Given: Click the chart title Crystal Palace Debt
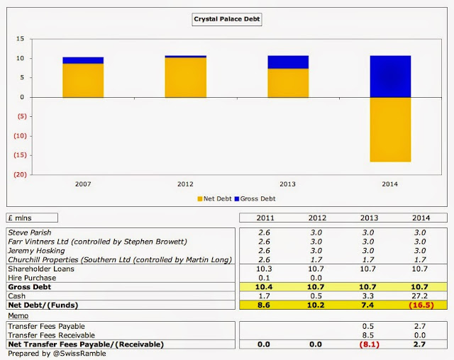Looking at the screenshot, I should (227, 21).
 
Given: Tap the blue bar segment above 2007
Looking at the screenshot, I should (83, 60).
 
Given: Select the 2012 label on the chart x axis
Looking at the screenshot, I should (185, 184).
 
